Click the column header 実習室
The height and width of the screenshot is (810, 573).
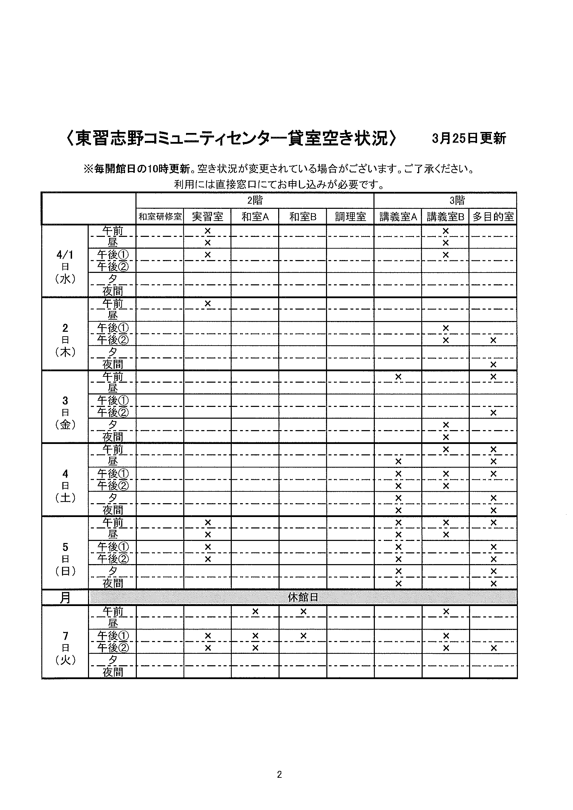[208, 216]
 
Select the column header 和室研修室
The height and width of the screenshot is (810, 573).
[160, 216]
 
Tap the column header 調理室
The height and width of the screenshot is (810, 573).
[350, 216]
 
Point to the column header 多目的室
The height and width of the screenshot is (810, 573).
[493, 216]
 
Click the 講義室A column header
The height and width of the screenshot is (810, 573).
[398, 216]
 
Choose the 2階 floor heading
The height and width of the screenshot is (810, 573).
[255, 201]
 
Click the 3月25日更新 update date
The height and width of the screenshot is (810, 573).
[469, 138]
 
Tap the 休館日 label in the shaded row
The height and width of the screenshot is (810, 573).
[303, 597]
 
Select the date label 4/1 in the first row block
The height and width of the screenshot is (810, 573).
[65, 255]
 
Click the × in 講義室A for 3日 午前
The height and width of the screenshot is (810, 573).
[398, 377]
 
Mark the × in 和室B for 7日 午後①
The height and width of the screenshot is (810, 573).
[303, 636]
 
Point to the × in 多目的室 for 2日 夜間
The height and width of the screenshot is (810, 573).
[493, 364]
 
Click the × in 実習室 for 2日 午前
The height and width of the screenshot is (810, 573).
[208, 303]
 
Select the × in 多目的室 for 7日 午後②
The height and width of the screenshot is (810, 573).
[493, 648]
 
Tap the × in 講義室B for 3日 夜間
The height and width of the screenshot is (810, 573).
[446, 437]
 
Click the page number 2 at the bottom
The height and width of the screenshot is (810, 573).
[280, 774]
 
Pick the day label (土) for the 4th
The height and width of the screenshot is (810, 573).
[65, 498]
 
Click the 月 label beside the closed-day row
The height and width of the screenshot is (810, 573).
[65, 598]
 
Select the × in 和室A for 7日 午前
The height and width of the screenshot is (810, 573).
[255, 611]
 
